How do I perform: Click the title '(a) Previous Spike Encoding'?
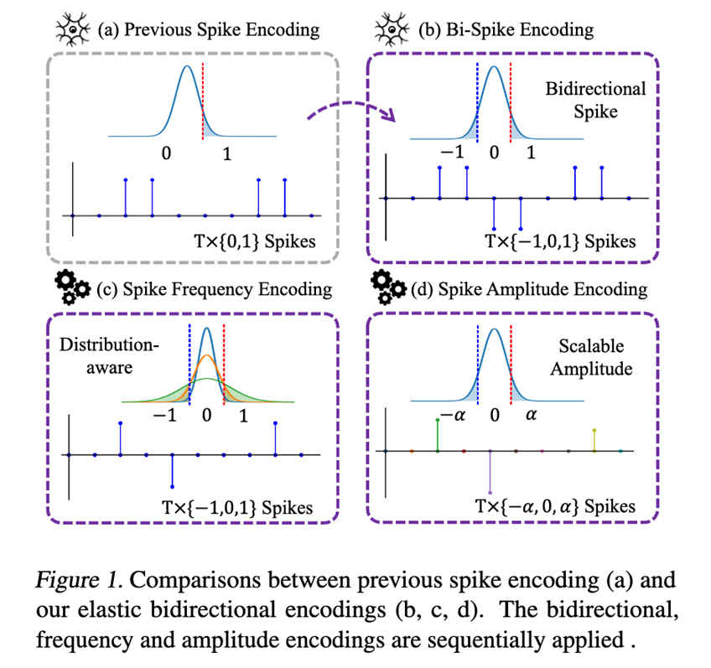(208, 30)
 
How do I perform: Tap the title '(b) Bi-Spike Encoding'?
(506, 30)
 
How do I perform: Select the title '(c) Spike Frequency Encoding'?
(215, 290)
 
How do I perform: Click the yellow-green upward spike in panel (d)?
(594, 440)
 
